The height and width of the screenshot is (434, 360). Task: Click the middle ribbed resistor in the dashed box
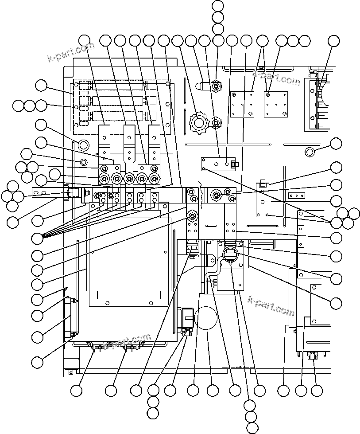pyautogui.click(x=117, y=101)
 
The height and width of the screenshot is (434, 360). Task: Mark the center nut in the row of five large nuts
pyautogui.click(x=129, y=179)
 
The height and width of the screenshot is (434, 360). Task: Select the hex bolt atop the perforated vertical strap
pyautogui.click(x=192, y=216)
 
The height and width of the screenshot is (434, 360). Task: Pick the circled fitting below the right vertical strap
pyautogui.click(x=230, y=254)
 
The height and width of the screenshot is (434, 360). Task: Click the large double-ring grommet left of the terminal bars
pyautogui.click(x=82, y=145)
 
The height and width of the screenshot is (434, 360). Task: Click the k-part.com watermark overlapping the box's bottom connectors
pyautogui.click(x=126, y=342)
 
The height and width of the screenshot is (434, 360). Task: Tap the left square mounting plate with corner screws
pyautogui.click(x=242, y=104)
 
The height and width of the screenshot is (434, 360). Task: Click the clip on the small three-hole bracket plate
pyautogui.click(x=235, y=165)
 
